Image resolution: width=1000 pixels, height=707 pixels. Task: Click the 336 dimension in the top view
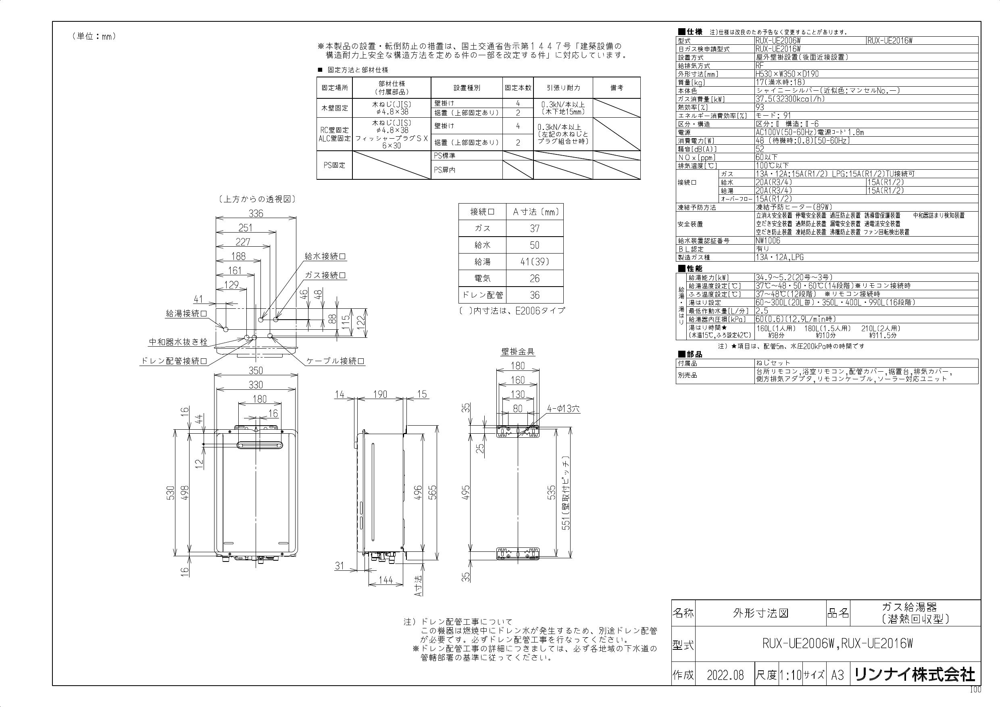coord(256,213)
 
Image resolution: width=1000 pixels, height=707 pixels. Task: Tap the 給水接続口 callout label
coord(325,256)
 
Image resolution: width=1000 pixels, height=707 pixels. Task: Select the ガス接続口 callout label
coord(325,275)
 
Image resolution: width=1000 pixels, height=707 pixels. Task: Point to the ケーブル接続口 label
coord(335,361)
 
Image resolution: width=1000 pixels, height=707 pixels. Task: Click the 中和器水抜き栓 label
coord(178,342)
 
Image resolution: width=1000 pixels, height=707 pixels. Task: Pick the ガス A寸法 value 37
coord(534,228)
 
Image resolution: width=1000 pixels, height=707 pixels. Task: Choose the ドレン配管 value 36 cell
coord(534,295)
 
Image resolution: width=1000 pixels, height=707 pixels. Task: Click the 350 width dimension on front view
coord(256,370)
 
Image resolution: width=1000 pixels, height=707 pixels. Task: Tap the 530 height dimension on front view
coord(170,493)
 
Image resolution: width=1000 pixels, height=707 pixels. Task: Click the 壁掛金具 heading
coord(518,351)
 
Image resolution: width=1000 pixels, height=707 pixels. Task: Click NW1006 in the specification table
coord(768,240)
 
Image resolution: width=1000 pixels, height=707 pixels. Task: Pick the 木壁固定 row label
coord(335,108)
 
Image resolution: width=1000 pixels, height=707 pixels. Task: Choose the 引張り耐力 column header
coord(563,88)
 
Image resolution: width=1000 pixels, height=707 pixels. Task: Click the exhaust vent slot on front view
coord(258,445)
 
